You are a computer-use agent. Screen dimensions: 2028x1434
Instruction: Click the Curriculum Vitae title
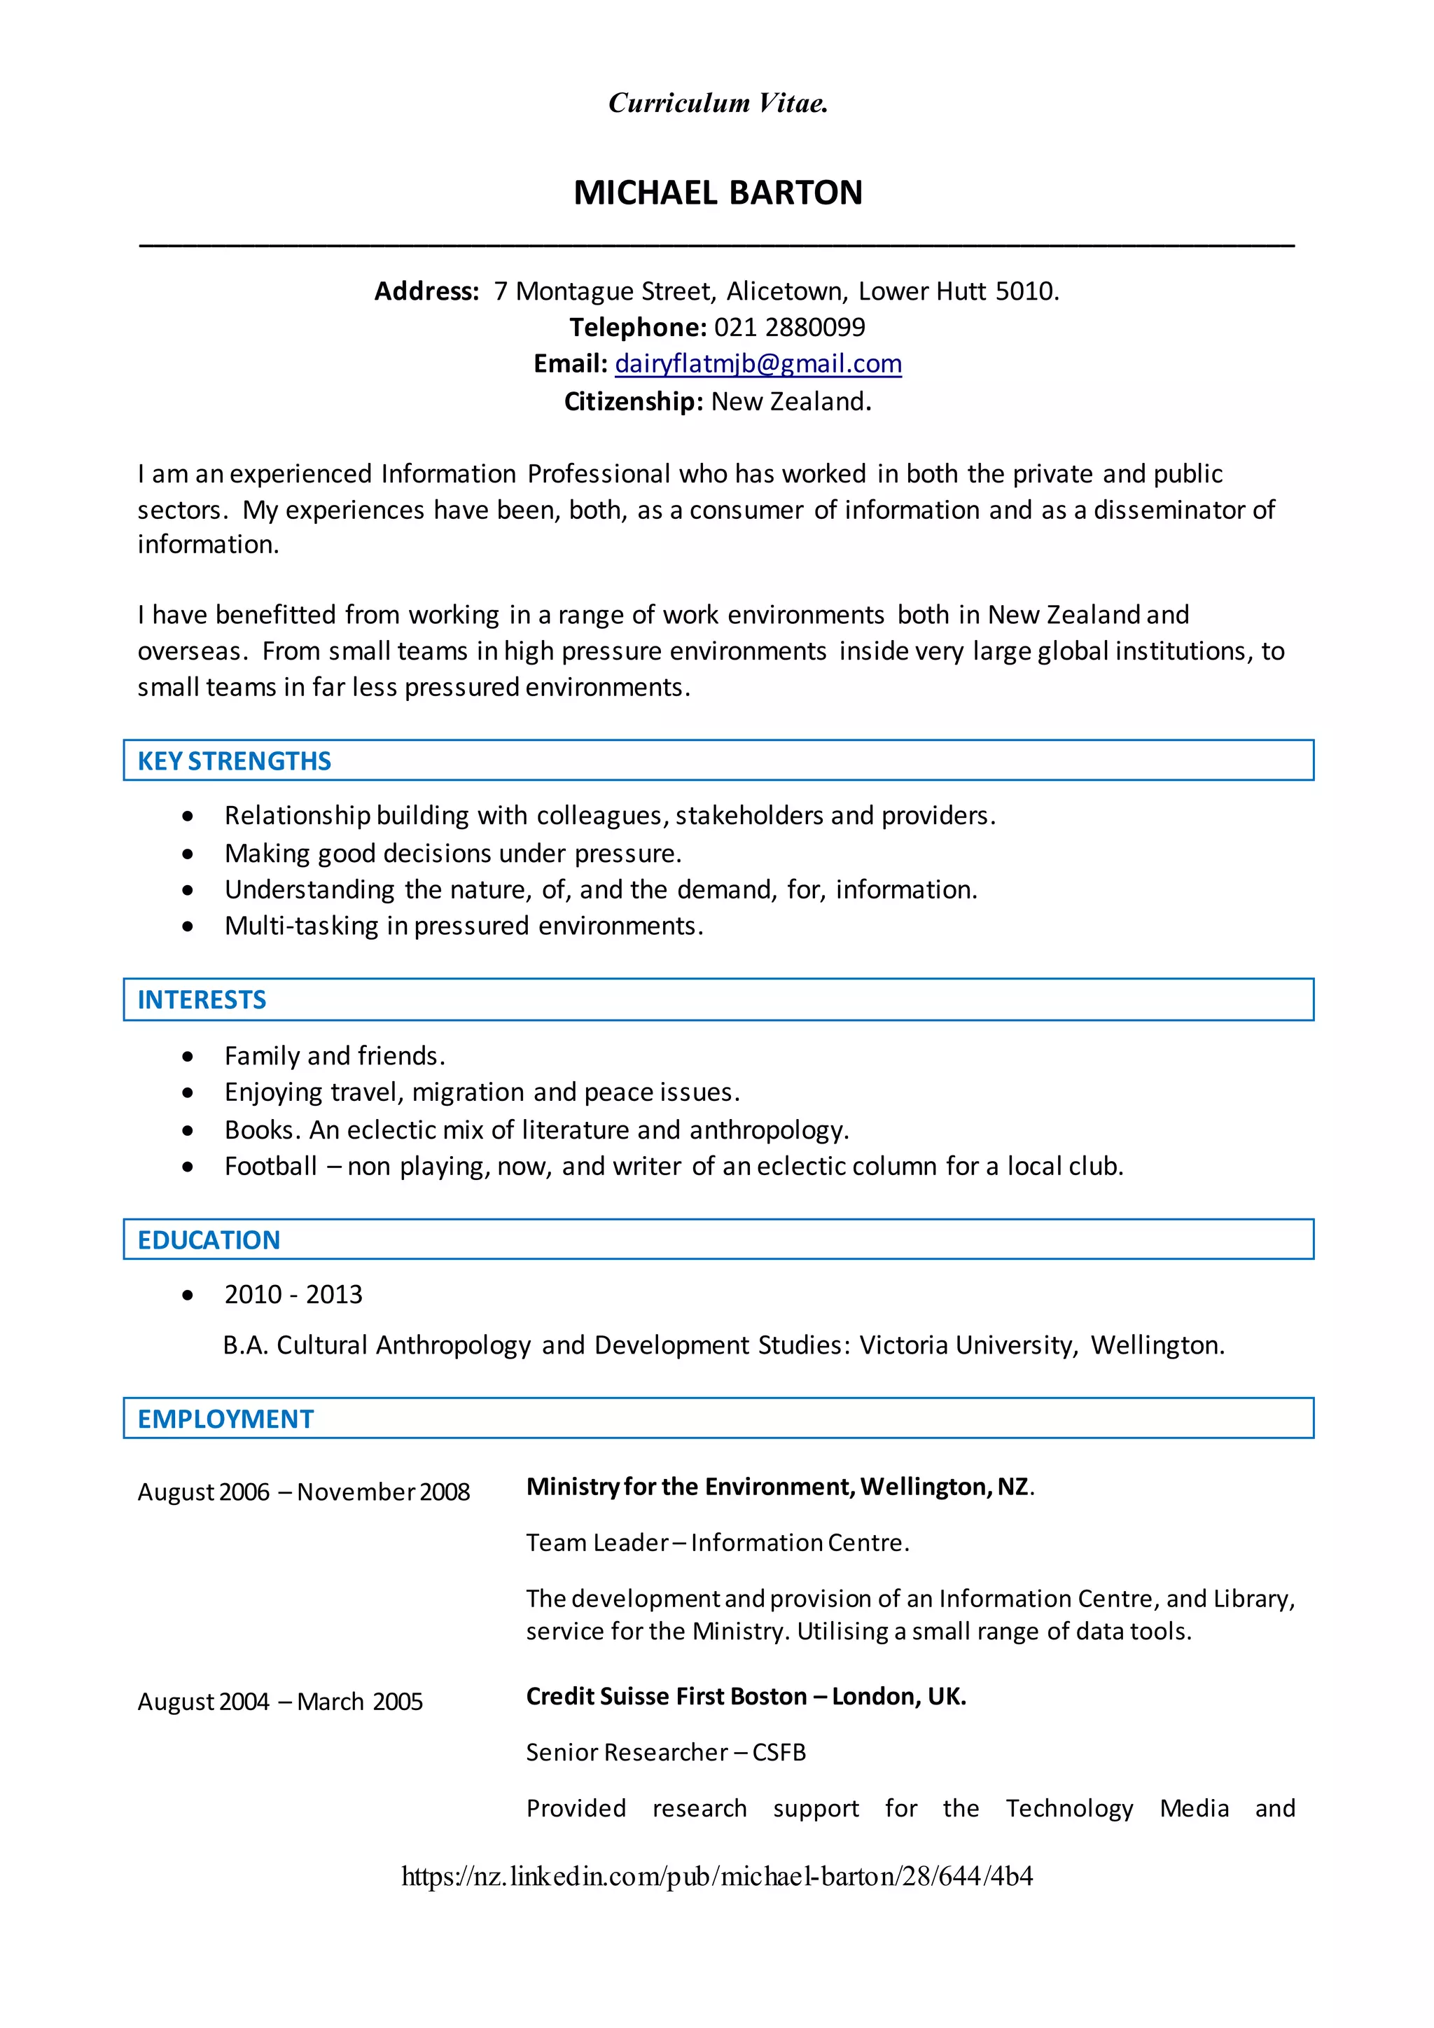718,104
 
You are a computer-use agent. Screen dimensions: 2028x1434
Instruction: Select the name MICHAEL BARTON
718,193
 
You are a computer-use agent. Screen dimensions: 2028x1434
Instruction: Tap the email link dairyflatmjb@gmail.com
758,364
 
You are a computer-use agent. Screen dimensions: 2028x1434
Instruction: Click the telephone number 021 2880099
789,328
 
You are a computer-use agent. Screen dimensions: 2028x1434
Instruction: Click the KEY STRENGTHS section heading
234,761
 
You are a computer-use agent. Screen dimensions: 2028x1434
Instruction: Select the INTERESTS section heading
202,1000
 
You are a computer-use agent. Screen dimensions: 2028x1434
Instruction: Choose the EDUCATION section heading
209,1240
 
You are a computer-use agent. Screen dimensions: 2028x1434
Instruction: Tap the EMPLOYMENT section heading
225,1419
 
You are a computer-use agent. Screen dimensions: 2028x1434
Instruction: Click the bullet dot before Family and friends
187,1057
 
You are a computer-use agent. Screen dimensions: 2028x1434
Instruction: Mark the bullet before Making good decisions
187,854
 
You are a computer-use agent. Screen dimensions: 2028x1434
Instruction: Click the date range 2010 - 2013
293,1295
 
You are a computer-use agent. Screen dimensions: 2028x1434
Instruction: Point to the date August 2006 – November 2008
304,1492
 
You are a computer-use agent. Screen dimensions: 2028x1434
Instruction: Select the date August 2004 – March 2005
280,1702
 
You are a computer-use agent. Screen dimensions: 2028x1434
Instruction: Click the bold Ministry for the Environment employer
779,1487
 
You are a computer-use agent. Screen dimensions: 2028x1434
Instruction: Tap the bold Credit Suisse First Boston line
746,1697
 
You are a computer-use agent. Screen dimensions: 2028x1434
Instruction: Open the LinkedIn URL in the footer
717,1876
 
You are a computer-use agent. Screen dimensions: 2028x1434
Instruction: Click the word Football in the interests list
270,1167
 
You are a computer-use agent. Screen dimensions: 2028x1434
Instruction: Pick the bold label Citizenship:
633,402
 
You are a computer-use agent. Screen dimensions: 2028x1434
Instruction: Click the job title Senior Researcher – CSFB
666,1752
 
